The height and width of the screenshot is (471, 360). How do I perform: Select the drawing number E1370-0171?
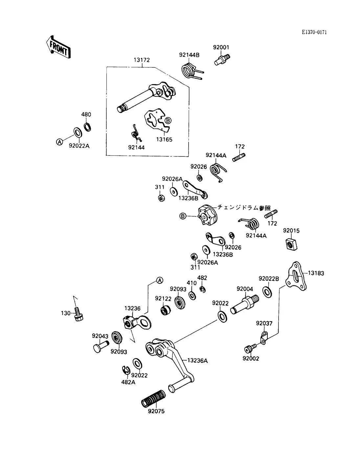[314, 32]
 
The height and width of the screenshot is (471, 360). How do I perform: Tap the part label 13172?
[142, 60]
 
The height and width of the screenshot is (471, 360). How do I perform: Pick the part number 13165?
[164, 139]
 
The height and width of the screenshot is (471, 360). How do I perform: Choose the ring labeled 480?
[88, 126]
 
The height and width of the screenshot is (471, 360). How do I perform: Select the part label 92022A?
[79, 146]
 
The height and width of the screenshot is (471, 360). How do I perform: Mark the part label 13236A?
[197, 360]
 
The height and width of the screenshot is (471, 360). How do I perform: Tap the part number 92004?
[245, 289]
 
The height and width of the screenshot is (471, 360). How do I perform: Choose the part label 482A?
[128, 382]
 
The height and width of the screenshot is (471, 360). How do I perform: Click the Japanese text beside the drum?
[243, 208]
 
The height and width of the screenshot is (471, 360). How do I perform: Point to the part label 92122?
[163, 298]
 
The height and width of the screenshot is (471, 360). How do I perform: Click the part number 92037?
[264, 324]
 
